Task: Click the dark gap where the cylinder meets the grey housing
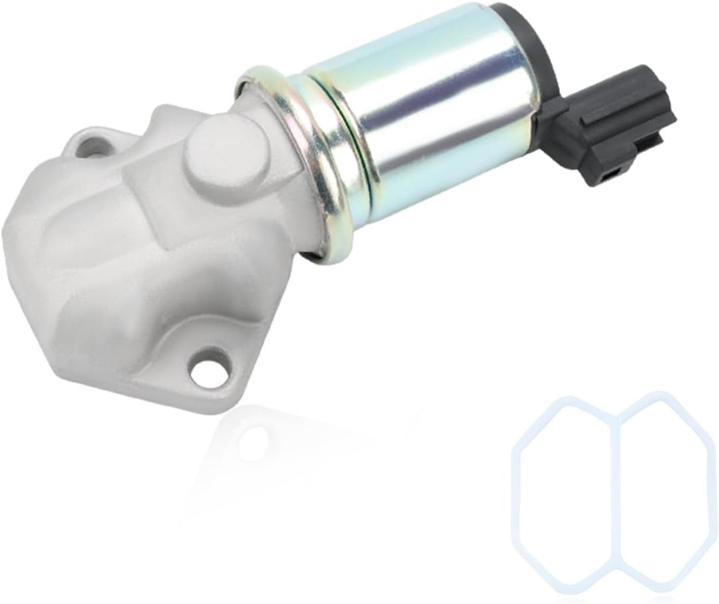(313, 249)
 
